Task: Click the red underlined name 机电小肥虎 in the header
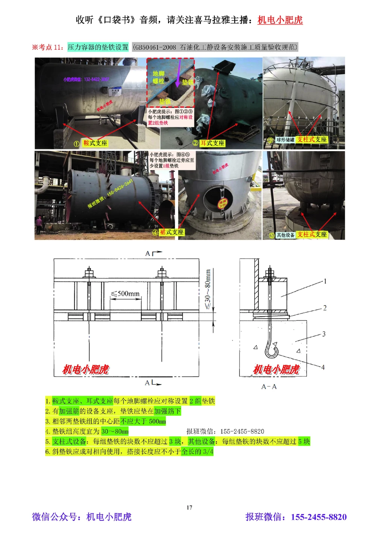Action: pos(280,20)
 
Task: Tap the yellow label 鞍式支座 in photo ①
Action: pos(95,143)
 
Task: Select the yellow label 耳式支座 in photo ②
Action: pos(212,143)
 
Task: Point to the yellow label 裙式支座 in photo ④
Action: pos(172,232)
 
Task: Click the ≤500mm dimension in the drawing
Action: pos(126,294)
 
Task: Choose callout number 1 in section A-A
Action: pos(325,281)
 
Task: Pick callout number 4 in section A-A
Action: pos(323,367)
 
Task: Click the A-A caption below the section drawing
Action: pos(269,386)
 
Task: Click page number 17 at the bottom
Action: pos(189,507)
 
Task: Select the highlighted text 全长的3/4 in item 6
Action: pos(197,451)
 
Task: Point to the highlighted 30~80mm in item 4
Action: pos(115,431)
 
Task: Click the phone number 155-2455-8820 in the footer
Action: pos(318,517)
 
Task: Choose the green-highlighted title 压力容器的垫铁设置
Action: pos(98,47)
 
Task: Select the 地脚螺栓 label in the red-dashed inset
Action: pos(158,77)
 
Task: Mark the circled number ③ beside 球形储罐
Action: pos(270,140)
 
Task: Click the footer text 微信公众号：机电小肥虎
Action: pos(82,517)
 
